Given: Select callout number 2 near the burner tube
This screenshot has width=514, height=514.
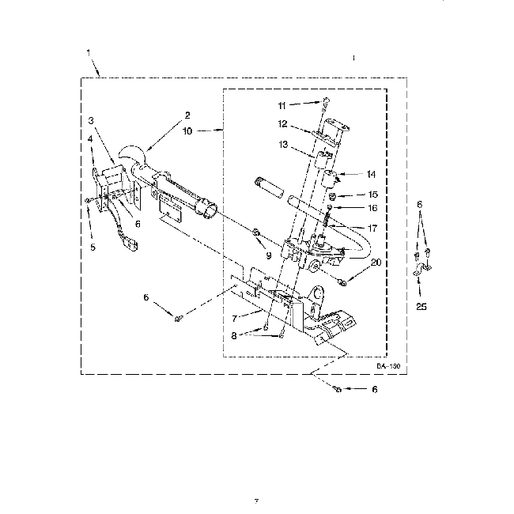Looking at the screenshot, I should click(x=187, y=115).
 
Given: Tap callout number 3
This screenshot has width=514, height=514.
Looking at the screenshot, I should click(x=92, y=120).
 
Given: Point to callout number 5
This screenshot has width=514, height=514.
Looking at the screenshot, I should click(x=92, y=248).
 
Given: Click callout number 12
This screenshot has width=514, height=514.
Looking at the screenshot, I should click(x=282, y=123).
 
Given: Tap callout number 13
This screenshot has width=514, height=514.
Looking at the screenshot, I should click(x=282, y=145).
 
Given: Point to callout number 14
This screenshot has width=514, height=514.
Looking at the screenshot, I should click(x=370, y=174).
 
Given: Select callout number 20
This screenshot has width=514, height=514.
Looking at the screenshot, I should click(x=375, y=263).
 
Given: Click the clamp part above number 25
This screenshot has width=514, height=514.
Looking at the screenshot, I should click(x=421, y=274).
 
